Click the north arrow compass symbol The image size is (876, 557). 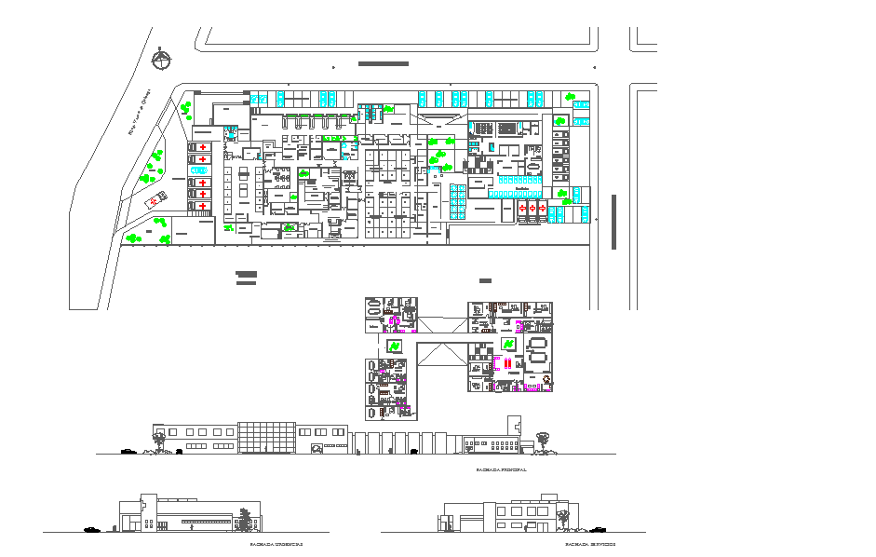tap(162, 60)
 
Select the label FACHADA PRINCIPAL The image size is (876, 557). tap(501, 470)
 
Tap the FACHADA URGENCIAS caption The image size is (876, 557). tap(276, 544)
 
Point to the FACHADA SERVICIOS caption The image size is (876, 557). tap(590, 544)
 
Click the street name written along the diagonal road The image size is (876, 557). tap(140, 112)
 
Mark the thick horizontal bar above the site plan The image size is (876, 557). tap(383, 63)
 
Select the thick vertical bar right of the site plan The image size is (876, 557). tap(613, 222)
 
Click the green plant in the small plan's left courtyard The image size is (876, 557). tap(394, 346)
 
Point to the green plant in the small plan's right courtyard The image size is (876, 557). tap(509, 345)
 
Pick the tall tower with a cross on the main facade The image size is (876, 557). tap(513, 431)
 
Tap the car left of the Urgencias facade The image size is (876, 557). tap(91, 529)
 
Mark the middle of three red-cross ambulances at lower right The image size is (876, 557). tap(532, 209)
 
